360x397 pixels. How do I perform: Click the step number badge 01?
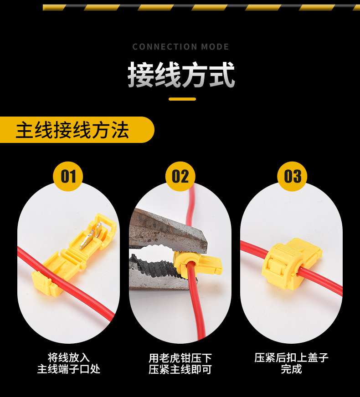click(68, 176)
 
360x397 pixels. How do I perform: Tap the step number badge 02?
click(180, 176)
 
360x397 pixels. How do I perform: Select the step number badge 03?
click(292, 176)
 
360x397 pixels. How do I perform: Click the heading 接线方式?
click(181, 75)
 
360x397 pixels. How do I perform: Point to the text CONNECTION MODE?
click(180, 47)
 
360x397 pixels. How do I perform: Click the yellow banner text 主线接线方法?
click(72, 130)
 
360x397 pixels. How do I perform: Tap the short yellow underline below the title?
click(182, 99)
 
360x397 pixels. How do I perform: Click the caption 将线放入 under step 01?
click(69, 358)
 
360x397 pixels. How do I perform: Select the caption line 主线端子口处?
click(69, 369)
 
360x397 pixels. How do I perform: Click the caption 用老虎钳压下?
click(180, 358)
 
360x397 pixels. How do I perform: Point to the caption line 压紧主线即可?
click(180, 369)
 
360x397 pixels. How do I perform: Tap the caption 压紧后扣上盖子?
click(291, 358)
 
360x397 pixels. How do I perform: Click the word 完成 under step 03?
click(291, 369)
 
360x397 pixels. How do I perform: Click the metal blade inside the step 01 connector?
click(90, 236)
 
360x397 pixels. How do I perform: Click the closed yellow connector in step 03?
click(291, 263)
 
